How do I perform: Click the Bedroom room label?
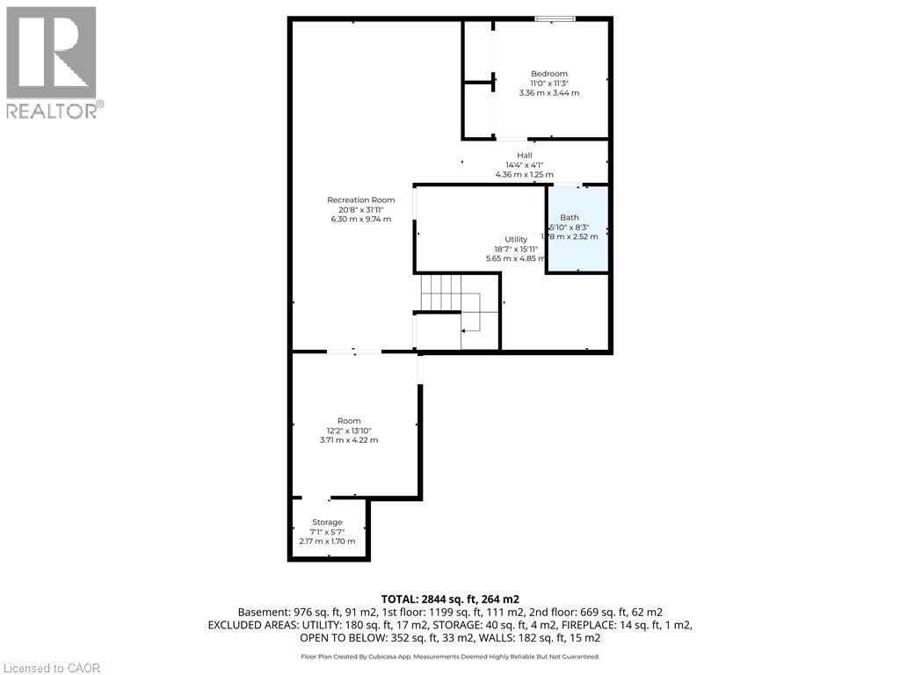(549, 73)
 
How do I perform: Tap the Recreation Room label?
(361, 200)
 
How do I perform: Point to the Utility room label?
(516, 239)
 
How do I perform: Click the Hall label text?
(524, 155)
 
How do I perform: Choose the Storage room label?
(327, 522)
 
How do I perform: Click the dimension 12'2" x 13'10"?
(349, 431)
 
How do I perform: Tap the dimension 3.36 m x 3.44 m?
(549, 92)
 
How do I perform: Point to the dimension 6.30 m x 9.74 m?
(361, 219)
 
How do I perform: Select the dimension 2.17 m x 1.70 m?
(327, 541)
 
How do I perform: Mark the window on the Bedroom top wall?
(556, 18)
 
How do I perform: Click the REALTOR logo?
(52, 62)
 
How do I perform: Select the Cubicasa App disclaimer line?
(450, 656)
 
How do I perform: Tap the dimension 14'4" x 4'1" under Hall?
(524, 164)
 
